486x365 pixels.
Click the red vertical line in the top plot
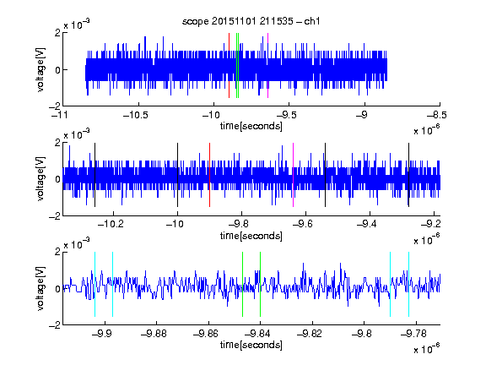(229, 66)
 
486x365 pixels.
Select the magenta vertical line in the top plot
(267, 66)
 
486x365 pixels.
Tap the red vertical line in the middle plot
(209, 175)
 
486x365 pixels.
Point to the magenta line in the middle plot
(294, 175)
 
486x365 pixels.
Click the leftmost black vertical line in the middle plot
(94, 175)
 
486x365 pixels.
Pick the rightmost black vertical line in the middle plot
(408, 175)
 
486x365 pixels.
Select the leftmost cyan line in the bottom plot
(94, 284)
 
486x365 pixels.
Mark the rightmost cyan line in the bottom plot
(408, 284)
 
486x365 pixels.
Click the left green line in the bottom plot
(242, 284)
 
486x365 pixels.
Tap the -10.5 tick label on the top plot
(136, 115)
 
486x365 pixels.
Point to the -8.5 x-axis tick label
(437, 115)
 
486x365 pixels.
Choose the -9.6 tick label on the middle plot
(302, 224)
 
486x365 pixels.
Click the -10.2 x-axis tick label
(111, 224)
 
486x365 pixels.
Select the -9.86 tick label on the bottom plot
(206, 334)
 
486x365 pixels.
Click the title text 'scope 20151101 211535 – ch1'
(251, 21)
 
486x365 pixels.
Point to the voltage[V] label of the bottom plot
(40, 288)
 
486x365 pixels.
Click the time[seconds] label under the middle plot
(251, 236)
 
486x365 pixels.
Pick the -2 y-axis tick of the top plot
(55, 106)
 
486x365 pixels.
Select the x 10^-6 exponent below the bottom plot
(426, 348)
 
